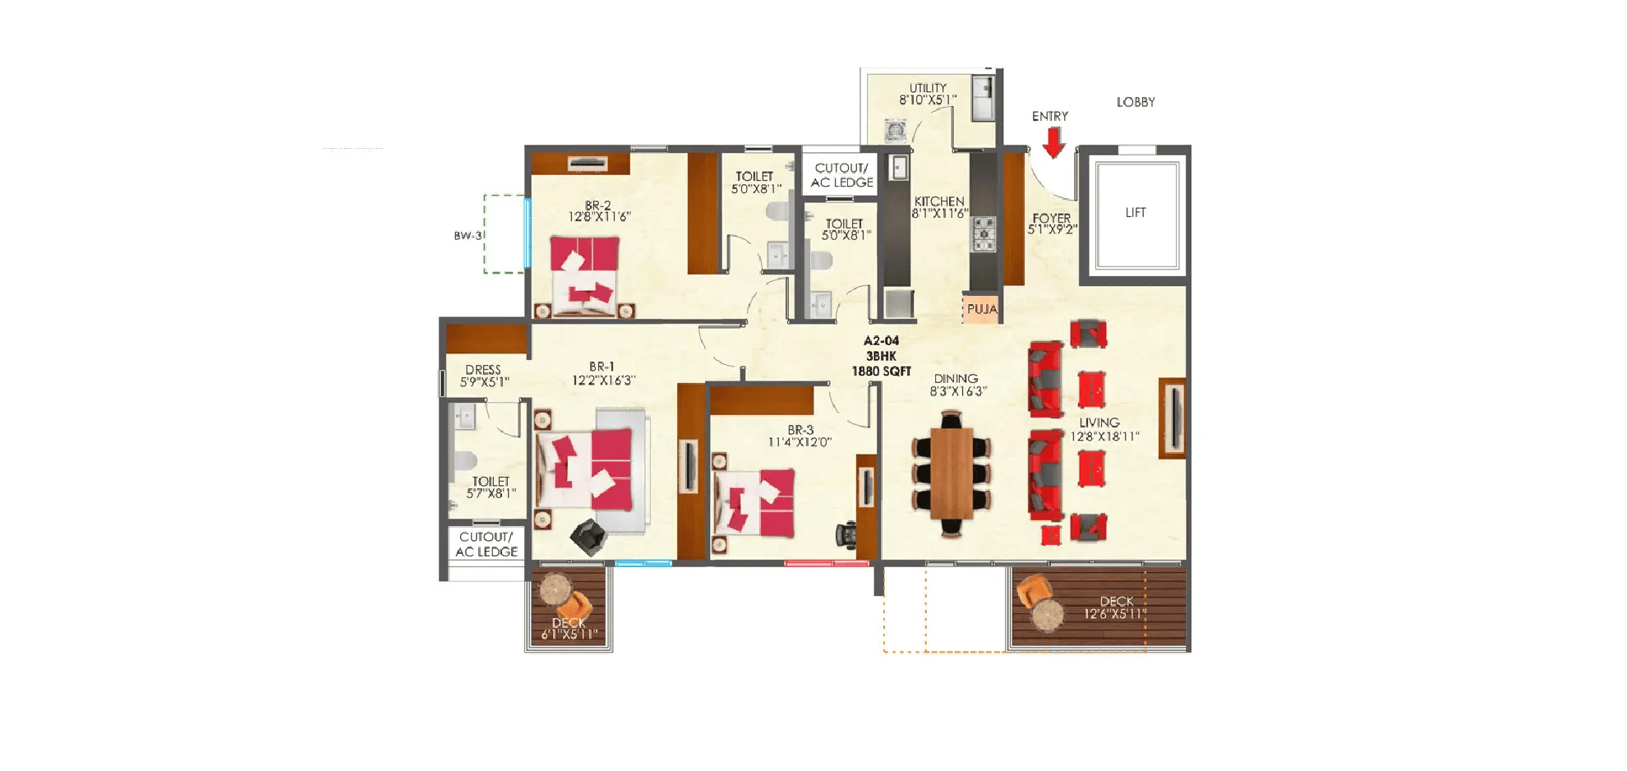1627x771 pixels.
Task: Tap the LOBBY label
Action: pyautogui.click(x=1135, y=102)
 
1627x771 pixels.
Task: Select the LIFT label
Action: pyautogui.click(x=1135, y=212)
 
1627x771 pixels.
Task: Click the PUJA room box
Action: pyautogui.click(x=981, y=309)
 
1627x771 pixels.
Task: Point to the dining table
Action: pyautogui.click(x=952, y=473)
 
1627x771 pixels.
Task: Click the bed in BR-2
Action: pyautogui.click(x=584, y=275)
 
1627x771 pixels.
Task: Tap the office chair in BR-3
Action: pyautogui.click(x=846, y=534)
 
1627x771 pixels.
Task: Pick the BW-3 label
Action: pyautogui.click(x=468, y=236)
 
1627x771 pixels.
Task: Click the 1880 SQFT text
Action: pyautogui.click(x=881, y=372)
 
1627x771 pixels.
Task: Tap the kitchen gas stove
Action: pyautogui.click(x=984, y=233)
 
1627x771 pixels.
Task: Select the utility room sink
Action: pyautogui.click(x=982, y=96)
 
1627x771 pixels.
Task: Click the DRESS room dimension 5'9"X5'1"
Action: pyautogui.click(x=484, y=382)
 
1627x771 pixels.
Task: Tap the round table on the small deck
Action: pyautogui.click(x=555, y=589)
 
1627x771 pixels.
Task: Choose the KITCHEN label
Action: pyautogui.click(x=938, y=201)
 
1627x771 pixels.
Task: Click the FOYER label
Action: pyautogui.click(x=1051, y=218)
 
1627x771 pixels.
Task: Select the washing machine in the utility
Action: pyautogui.click(x=895, y=130)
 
